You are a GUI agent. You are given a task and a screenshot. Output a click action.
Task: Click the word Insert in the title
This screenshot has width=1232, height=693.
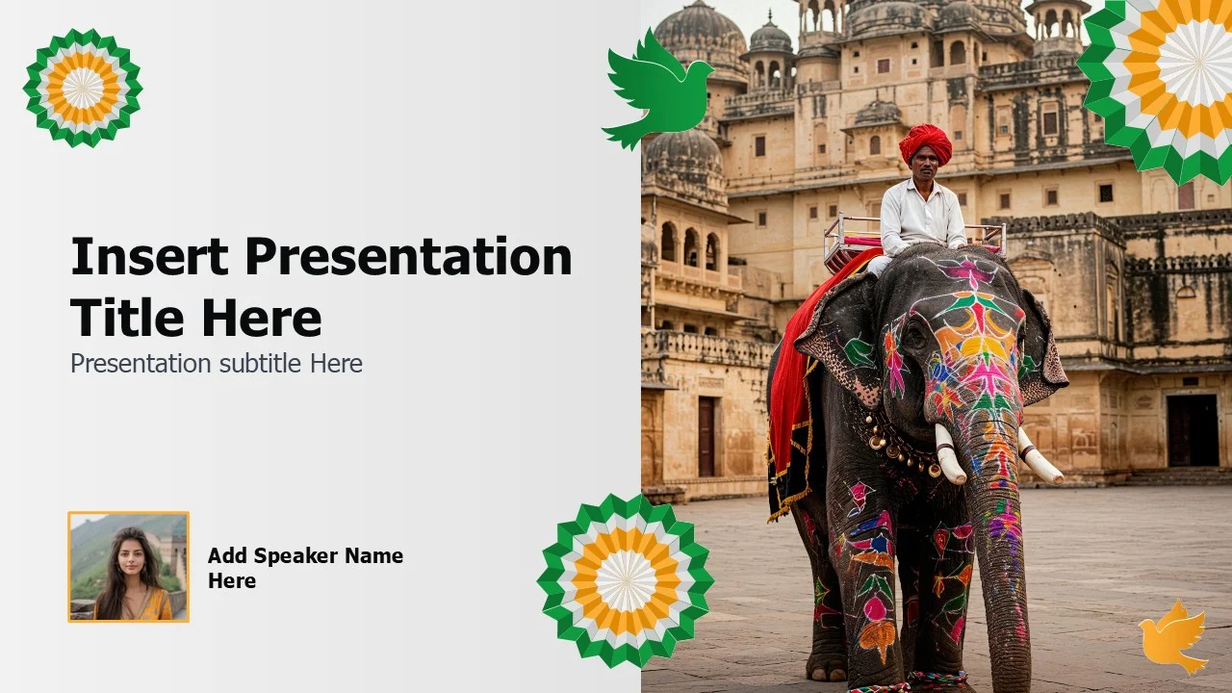[149, 256]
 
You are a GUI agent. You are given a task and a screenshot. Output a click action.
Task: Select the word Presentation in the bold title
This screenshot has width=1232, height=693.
[409, 256]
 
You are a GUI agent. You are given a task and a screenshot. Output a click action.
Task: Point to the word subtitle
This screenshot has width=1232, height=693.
[260, 364]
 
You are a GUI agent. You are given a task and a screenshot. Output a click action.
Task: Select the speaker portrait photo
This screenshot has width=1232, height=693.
[129, 567]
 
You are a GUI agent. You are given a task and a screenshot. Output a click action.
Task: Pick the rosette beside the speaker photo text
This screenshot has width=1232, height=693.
[626, 580]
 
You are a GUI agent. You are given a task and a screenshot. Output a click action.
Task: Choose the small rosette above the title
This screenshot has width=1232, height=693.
[83, 88]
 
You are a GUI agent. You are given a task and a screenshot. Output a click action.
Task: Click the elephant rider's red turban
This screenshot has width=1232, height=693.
[926, 143]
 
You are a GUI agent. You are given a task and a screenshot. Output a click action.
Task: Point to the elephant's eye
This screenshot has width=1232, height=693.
[914, 334]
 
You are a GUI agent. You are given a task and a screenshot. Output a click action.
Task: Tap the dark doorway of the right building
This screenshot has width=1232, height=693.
[1185, 430]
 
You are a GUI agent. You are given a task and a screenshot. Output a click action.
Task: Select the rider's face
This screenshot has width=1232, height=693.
[924, 164]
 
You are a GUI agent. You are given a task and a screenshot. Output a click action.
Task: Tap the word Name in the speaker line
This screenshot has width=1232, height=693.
[374, 556]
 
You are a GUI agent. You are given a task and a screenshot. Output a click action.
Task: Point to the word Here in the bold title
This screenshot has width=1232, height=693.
[262, 318]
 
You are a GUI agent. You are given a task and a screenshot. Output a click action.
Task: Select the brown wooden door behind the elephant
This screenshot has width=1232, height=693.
[706, 436]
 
